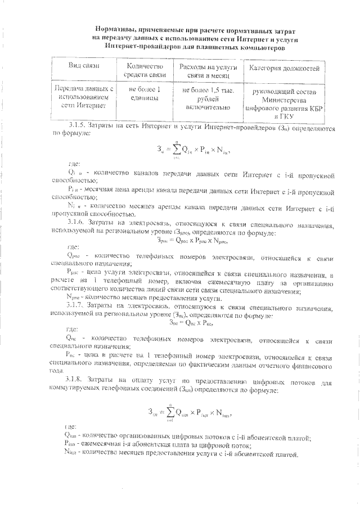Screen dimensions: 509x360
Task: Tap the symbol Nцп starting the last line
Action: click(73, 454)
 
